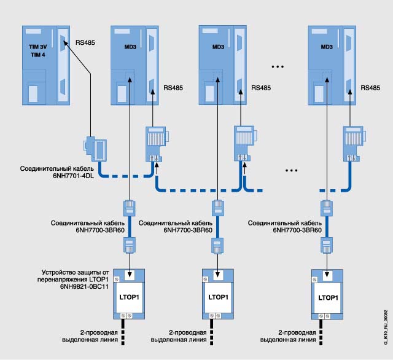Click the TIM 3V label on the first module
39,45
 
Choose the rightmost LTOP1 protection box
325,296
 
